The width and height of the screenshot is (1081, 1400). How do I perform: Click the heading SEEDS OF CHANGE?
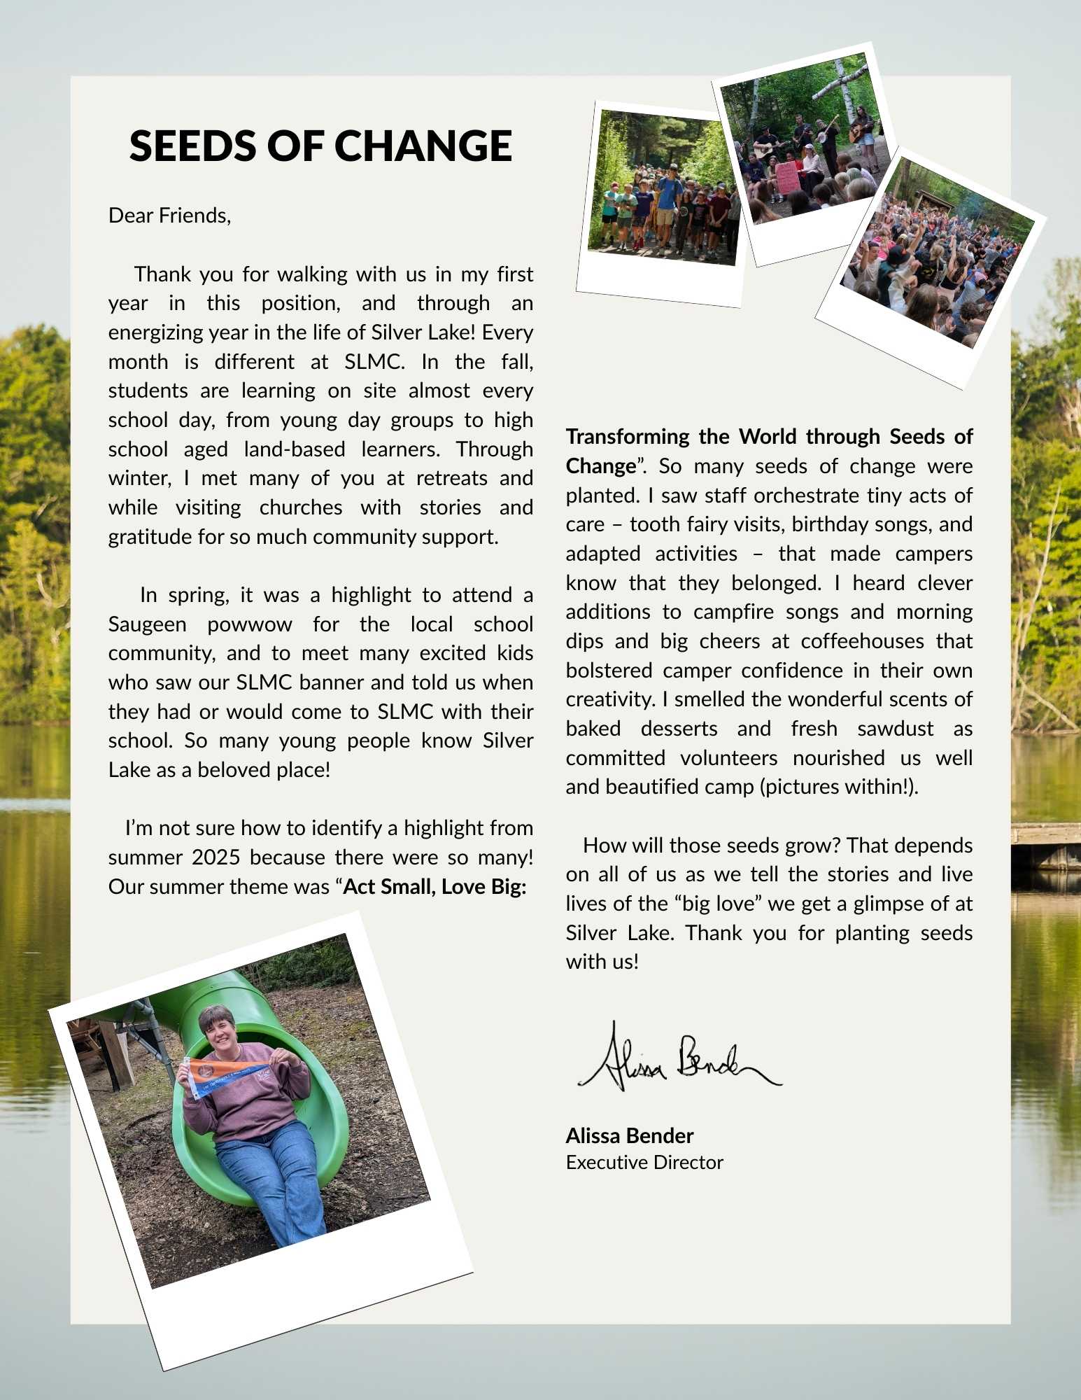320,146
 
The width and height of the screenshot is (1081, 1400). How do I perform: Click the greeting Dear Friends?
169,215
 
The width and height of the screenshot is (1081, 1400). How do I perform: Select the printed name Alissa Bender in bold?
629,1135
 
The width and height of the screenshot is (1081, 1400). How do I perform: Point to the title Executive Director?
644,1162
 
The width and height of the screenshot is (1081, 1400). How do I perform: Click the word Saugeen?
147,624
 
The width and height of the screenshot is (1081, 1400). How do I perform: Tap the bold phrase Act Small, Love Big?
434,886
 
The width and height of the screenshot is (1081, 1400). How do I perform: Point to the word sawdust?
895,728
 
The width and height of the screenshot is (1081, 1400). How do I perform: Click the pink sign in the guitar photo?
788,177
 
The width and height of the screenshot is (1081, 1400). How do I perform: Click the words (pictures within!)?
839,786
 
